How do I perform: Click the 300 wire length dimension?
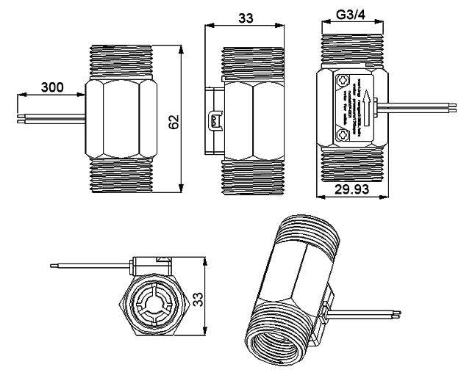click(51, 87)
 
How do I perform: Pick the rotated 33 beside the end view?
click(198, 297)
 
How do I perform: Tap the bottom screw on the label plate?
click(341, 134)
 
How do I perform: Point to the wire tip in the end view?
click(50, 265)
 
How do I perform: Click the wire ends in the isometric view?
click(396, 314)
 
